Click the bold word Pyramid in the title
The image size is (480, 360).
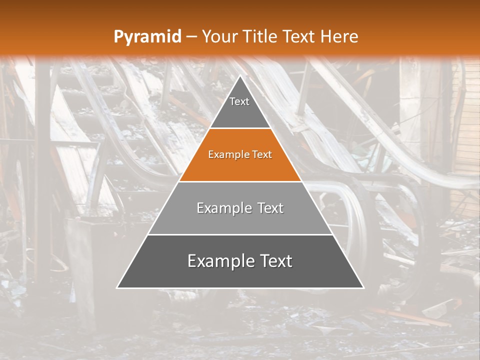tap(147, 37)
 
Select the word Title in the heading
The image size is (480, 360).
tap(260, 36)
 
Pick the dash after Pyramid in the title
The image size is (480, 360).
tap(191, 37)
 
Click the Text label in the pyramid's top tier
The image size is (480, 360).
tap(239, 101)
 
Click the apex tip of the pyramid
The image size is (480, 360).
tap(240, 76)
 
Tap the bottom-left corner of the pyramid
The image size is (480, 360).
tap(117, 287)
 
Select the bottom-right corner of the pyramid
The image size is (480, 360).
tap(363, 287)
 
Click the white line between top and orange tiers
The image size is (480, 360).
tap(240, 128)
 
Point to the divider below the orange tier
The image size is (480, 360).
tap(240, 181)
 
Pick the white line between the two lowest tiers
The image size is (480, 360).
tap(240, 234)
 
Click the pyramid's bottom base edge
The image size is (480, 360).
tap(240, 288)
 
